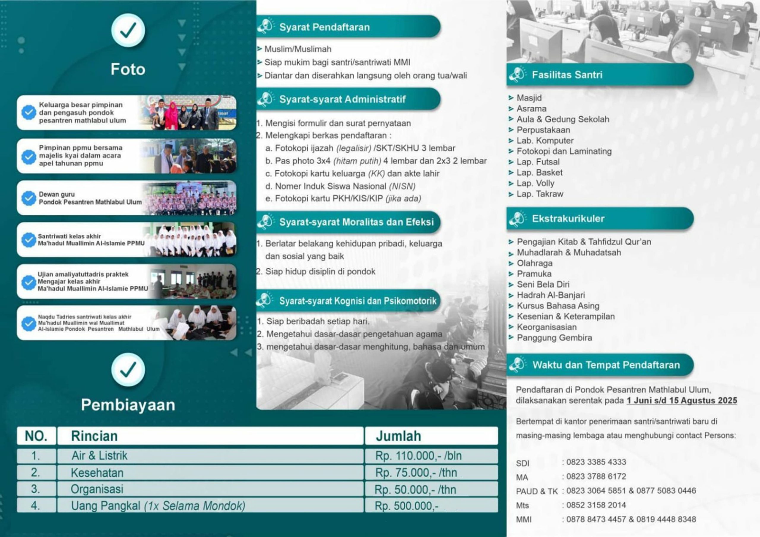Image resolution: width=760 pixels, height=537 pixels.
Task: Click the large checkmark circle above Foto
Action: click(128, 30)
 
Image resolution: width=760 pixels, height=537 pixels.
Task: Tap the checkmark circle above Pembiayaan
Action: click(128, 369)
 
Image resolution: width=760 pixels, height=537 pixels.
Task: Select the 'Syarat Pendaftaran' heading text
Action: click(324, 27)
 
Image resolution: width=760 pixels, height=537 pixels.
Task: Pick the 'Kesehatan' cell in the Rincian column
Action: click(97, 473)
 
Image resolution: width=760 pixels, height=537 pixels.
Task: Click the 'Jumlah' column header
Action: click(398, 436)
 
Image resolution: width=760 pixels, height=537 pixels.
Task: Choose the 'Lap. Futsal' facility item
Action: click(538, 162)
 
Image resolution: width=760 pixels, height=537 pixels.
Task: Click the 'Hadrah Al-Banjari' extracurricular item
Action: click(551, 295)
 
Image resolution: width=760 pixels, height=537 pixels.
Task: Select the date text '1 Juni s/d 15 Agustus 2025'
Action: click(682, 400)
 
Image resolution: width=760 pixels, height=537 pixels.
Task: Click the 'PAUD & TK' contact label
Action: click(536, 491)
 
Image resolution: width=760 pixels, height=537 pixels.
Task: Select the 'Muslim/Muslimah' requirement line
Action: click(297, 49)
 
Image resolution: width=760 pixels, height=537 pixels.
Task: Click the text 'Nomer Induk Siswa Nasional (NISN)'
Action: click(345, 186)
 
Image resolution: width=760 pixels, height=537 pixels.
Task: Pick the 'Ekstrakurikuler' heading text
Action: click(568, 219)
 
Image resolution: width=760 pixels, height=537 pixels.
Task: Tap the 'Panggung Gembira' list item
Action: click(554, 338)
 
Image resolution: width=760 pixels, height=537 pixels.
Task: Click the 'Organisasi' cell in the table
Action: click(97, 489)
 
